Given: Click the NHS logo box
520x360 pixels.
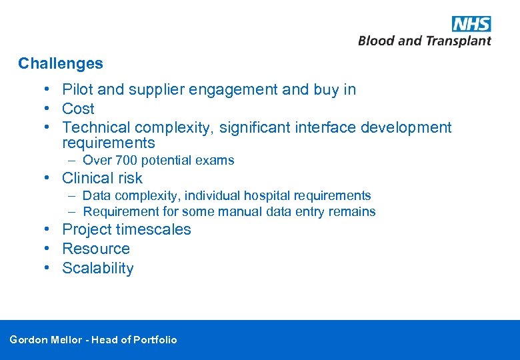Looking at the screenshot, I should click(x=471, y=24).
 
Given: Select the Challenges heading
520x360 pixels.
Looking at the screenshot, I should click(x=61, y=64).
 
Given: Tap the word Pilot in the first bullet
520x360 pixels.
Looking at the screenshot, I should click(x=77, y=89).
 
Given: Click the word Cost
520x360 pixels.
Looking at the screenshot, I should click(x=78, y=109).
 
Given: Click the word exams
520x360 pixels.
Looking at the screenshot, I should click(x=216, y=160).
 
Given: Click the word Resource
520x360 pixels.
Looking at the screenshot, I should click(x=96, y=249).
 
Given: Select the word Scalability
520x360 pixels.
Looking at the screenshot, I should click(x=98, y=268).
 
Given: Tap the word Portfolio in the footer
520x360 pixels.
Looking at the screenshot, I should click(x=155, y=340).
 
